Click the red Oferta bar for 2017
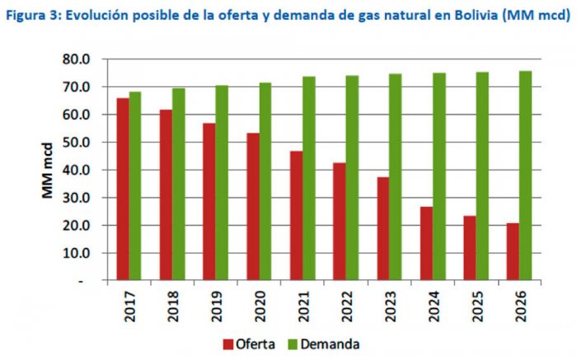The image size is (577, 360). point(123,189)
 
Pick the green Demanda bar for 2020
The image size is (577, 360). point(265,181)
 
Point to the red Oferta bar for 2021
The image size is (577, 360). point(296,215)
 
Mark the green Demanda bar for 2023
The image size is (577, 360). point(395,177)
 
